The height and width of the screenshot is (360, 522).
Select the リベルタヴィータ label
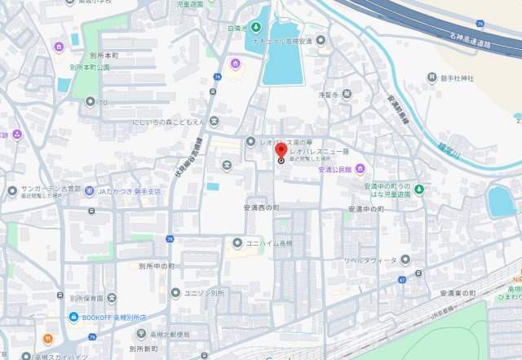pyautogui.click(x=369, y=260)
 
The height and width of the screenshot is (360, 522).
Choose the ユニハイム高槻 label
pyautogui.click(x=269, y=243)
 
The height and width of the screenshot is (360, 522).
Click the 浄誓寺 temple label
pyautogui.click(x=329, y=95)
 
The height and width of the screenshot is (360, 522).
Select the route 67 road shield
pyautogui.click(x=402, y=280)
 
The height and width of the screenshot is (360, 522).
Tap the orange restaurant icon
pyautogui.click(x=48, y=338)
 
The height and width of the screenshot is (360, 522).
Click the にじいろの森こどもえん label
pyautogui.click(x=168, y=122)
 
